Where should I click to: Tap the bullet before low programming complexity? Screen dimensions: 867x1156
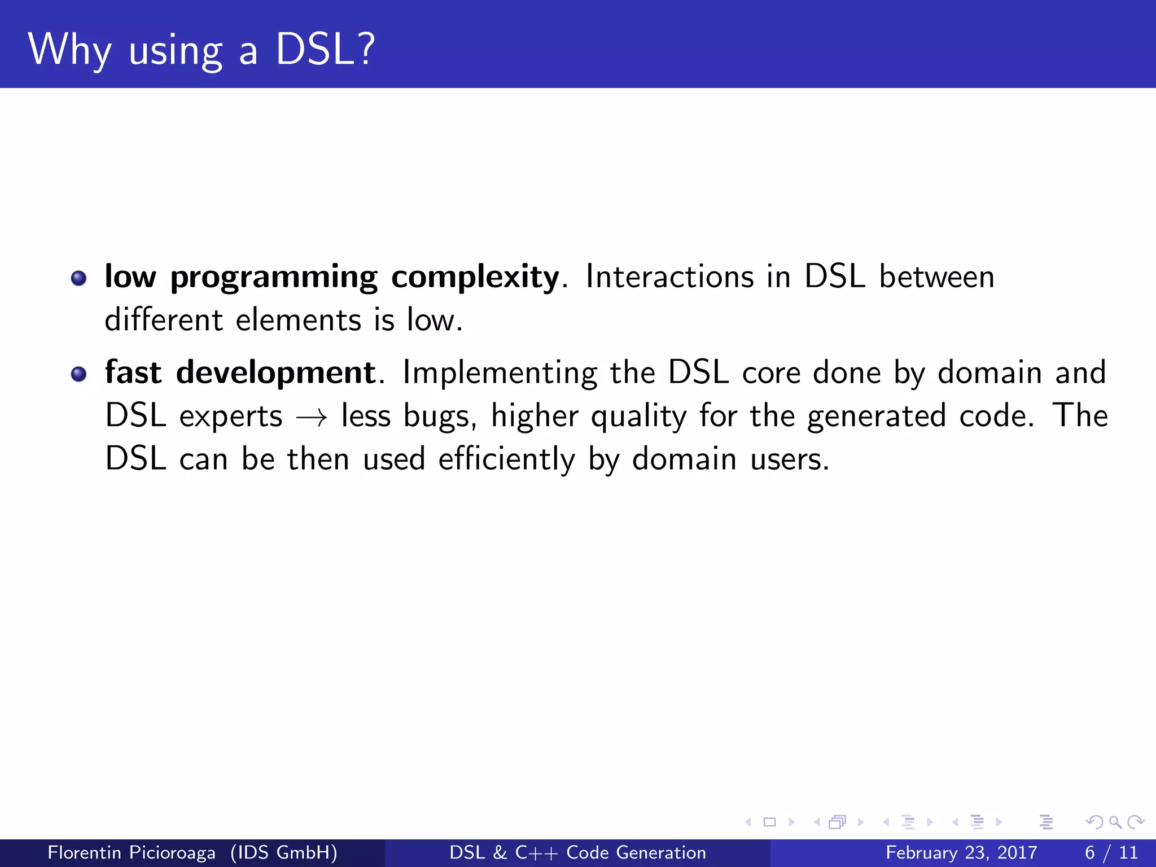(79, 278)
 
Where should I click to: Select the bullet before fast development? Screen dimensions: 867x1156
(79, 374)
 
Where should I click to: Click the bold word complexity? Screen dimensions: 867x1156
(475, 277)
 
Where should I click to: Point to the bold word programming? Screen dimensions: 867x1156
(273, 278)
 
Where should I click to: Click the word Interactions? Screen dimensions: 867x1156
(669, 277)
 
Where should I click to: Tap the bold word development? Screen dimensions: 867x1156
(275, 373)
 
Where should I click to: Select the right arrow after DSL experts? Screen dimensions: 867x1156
(312, 418)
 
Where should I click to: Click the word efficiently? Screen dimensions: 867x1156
(506, 459)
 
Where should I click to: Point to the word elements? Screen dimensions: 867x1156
(298, 320)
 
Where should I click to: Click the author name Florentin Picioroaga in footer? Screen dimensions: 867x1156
(131, 852)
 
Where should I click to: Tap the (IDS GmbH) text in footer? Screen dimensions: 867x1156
(284, 852)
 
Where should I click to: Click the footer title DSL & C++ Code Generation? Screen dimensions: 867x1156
(577, 852)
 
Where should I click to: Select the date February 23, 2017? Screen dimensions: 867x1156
(961, 852)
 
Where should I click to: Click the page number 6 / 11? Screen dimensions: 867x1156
(1111, 852)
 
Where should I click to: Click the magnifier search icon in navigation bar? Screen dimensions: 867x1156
(1115, 822)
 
